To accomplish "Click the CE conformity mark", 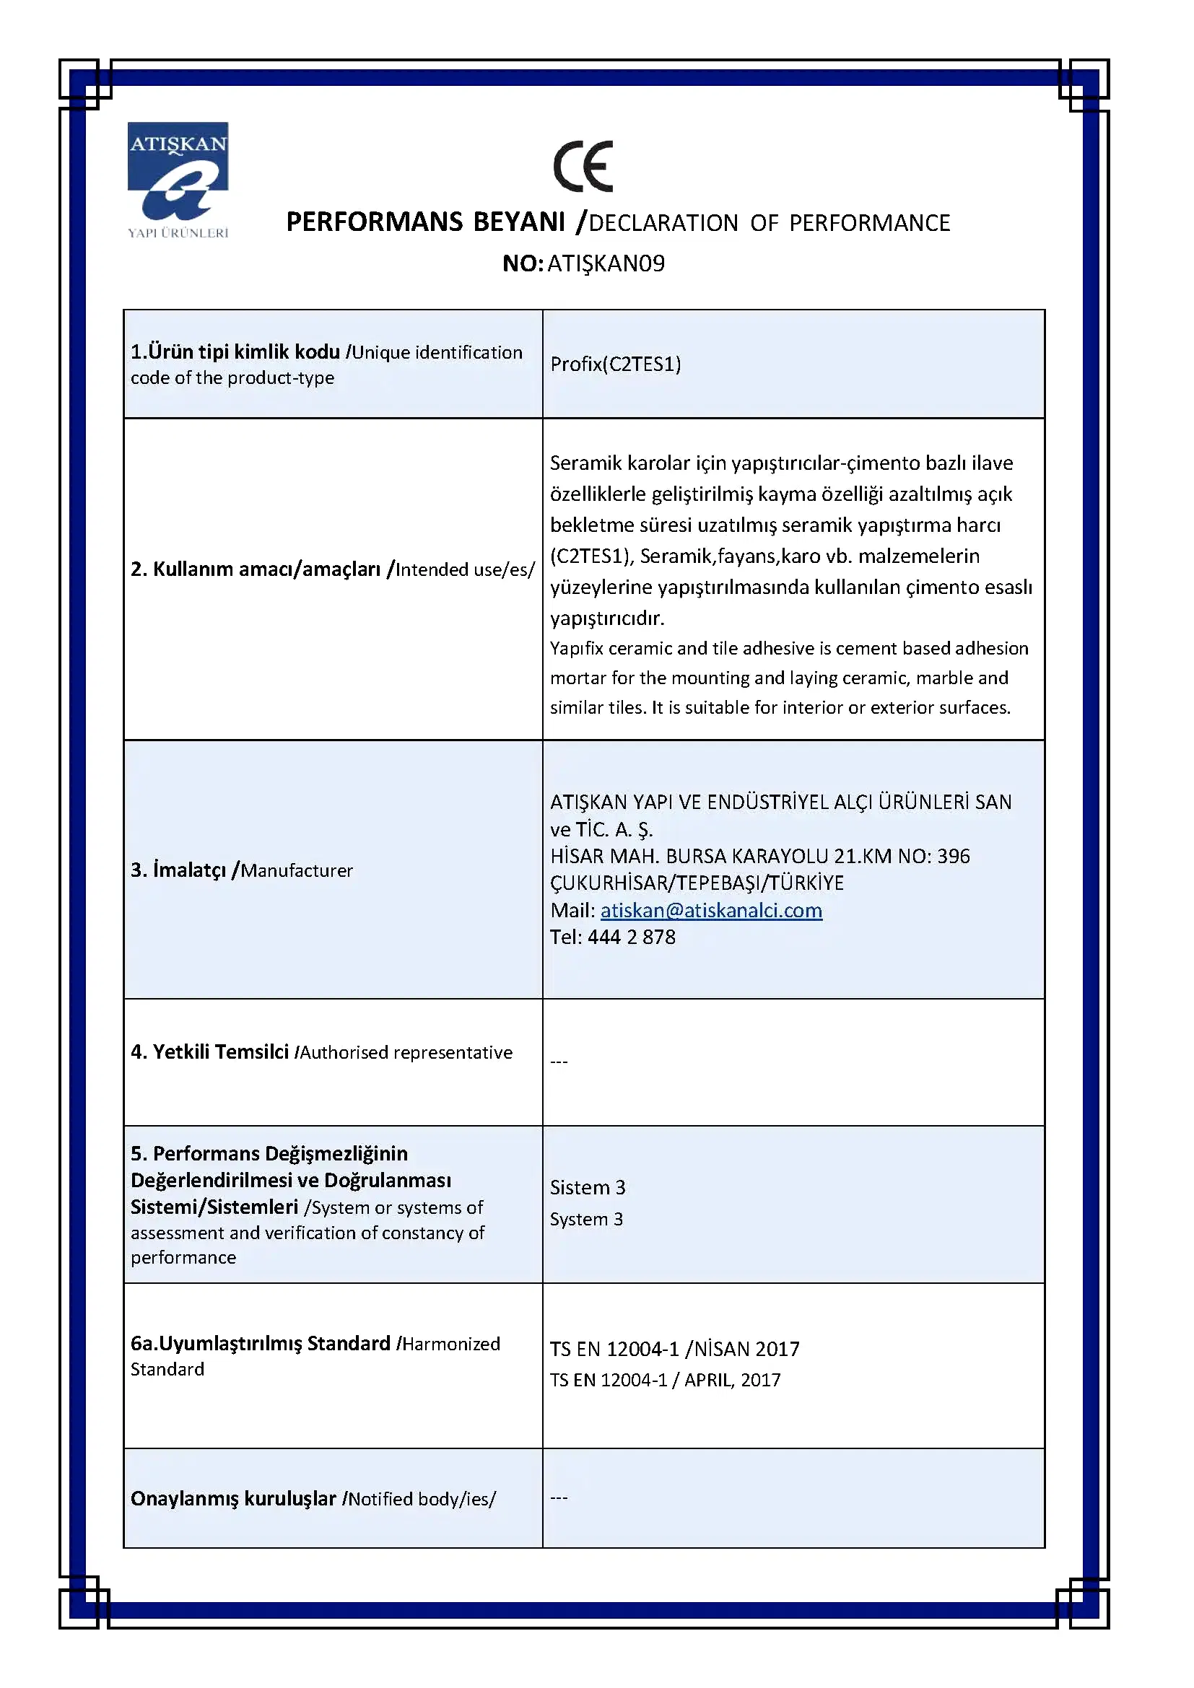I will coord(583,166).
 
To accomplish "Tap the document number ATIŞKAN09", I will coord(606,263).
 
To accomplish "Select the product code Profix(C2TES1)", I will coord(615,364).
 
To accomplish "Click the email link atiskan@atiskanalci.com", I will coord(711,910).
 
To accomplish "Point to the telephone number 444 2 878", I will coord(631,937).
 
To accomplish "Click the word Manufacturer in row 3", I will coord(297,870).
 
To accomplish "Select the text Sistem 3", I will coord(588,1187).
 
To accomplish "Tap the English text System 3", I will coord(586,1219).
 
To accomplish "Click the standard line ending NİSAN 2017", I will coord(674,1349).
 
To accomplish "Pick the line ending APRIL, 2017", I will coord(665,1380).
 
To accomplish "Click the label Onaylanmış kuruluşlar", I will coord(233,1498).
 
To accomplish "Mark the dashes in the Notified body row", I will coord(559,1497).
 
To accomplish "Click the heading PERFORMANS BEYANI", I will coord(425,222).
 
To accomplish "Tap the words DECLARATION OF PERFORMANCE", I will coord(769,223).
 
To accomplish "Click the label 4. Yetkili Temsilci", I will coord(209,1052).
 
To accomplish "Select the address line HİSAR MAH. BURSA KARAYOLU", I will coord(759,856).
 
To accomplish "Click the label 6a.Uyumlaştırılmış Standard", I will coord(261,1343).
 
